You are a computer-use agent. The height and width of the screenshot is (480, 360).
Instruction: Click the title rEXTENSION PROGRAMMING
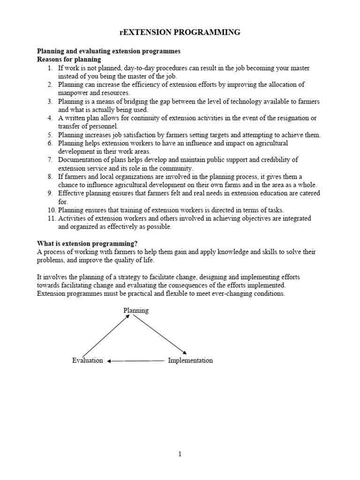coord(180,32)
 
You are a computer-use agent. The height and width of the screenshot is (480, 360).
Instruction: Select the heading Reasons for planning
coord(69,60)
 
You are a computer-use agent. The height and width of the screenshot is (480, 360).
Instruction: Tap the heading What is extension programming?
coord(87,243)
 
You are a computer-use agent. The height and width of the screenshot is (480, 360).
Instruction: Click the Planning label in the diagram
coord(136,310)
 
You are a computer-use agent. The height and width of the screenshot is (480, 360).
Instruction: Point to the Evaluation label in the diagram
coord(87,360)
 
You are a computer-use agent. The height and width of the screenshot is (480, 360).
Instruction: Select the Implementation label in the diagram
coord(190,360)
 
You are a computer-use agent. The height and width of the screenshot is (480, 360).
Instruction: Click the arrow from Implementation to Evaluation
coord(136,361)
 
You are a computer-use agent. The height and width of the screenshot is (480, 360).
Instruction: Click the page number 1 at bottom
coord(180,454)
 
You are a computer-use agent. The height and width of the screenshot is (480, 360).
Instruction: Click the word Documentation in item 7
coord(80,160)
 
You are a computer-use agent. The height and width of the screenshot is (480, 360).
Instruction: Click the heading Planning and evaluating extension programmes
coord(109,51)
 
